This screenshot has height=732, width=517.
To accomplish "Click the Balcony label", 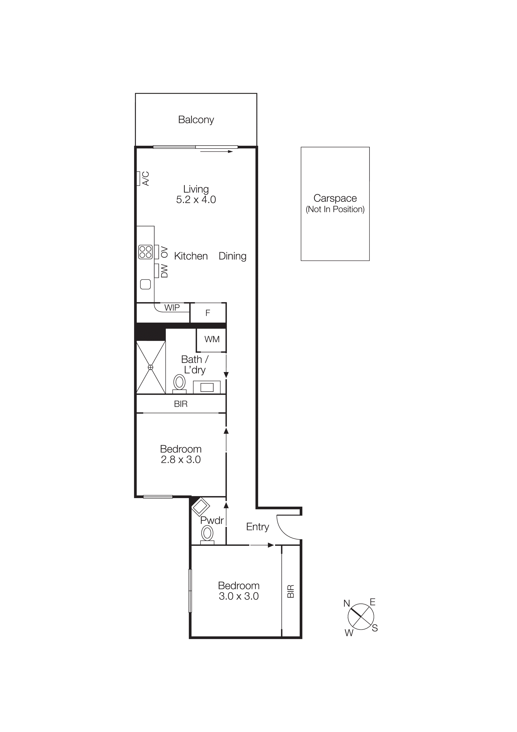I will click(196, 120).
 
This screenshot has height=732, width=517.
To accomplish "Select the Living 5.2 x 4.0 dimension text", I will click(196, 199).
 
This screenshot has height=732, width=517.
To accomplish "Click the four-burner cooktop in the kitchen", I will click(146, 252).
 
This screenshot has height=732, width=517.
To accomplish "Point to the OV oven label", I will click(164, 252).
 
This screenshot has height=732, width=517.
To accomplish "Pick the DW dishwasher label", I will click(164, 271).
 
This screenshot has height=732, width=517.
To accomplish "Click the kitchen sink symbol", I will click(146, 284).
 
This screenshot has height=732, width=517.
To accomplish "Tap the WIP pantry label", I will click(172, 308).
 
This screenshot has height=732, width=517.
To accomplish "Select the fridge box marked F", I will click(208, 313).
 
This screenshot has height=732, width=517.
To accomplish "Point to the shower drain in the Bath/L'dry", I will click(151, 367).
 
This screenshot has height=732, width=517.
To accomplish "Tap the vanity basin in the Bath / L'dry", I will click(207, 387).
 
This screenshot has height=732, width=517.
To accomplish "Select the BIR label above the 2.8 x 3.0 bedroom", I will click(181, 404).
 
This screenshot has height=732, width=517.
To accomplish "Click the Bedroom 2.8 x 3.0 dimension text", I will click(181, 459).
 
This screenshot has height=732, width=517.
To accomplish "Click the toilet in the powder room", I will click(207, 533).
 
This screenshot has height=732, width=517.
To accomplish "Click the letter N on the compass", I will click(347, 603).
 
